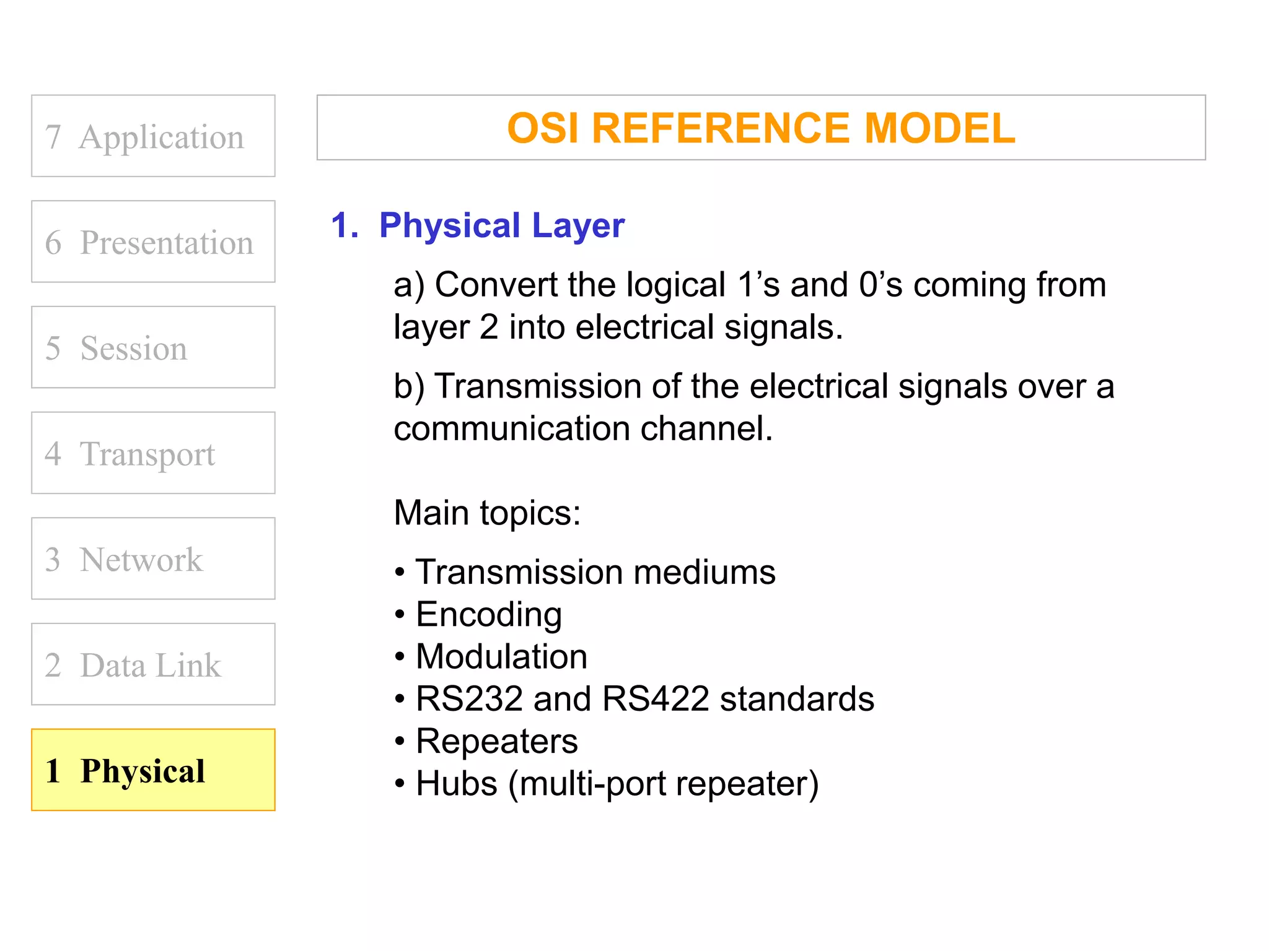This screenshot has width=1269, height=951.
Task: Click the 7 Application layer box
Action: click(153, 136)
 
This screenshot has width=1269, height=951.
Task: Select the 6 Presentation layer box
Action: click(153, 242)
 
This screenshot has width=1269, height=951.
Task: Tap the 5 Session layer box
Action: click(153, 347)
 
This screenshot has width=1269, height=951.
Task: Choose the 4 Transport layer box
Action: click(153, 453)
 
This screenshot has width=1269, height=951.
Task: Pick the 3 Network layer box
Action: click(153, 559)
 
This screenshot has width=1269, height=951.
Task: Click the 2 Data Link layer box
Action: click(153, 664)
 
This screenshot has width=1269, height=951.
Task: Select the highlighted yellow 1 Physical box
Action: click(153, 770)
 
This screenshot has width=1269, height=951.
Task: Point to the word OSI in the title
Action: click(543, 128)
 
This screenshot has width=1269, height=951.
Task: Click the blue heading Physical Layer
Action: click(501, 225)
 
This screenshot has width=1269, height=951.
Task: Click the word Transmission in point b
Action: click(538, 386)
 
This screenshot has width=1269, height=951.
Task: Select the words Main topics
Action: click(487, 513)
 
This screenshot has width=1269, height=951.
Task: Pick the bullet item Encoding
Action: click(489, 615)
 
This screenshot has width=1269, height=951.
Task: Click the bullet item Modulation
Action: click(501, 656)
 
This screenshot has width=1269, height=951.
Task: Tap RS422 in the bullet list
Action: click(655, 699)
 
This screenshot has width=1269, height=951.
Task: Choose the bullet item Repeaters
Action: click(496, 741)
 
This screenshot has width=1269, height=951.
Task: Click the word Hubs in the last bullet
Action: click(456, 783)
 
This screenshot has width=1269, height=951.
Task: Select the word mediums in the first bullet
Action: click(704, 572)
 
